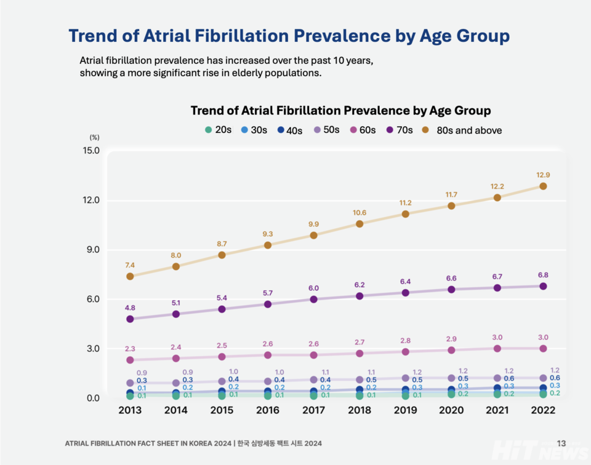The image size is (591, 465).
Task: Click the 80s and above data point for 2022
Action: [x=543, y=186]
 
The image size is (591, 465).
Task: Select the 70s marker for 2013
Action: [x=130, y=319]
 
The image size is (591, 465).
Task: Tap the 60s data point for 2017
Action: [x=313, y=355]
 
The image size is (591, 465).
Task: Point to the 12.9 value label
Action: [x=543, y=175]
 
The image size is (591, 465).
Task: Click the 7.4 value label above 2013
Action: [x=130, y=265]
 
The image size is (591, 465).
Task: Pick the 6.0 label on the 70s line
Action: [x=313, y=288]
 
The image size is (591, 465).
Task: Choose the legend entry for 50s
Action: [x=326, y=130]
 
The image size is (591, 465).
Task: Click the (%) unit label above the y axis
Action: [x=94, y=138]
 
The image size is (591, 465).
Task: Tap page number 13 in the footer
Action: [x=561, y=443]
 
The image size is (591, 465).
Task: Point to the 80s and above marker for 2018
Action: [x=360, y=224]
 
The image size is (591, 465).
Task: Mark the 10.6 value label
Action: [x=360, y=213]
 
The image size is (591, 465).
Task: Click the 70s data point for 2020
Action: [x=451, y=289]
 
